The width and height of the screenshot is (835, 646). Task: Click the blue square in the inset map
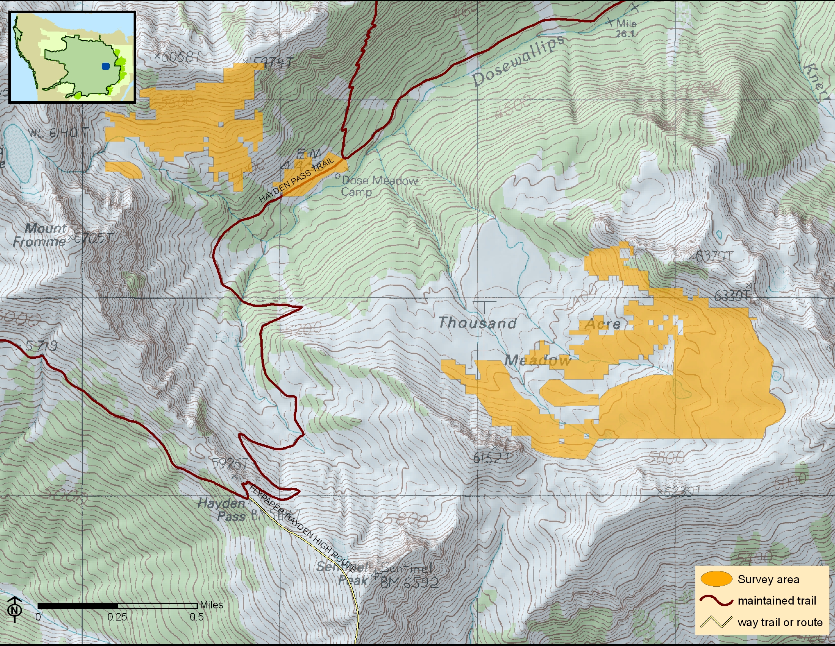106,66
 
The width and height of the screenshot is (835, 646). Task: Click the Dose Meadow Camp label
377,185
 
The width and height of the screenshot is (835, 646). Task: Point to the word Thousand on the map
477,323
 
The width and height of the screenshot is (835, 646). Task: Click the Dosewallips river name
518,61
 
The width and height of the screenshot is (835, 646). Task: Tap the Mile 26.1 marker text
626,28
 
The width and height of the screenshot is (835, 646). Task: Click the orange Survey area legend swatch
716,579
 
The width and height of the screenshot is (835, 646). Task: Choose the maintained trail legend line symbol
716,600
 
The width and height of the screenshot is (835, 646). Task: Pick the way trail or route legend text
780,622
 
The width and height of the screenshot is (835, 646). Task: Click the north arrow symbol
14,608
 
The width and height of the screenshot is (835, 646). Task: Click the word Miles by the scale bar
211,605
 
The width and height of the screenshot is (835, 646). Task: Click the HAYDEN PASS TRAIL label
297,180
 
